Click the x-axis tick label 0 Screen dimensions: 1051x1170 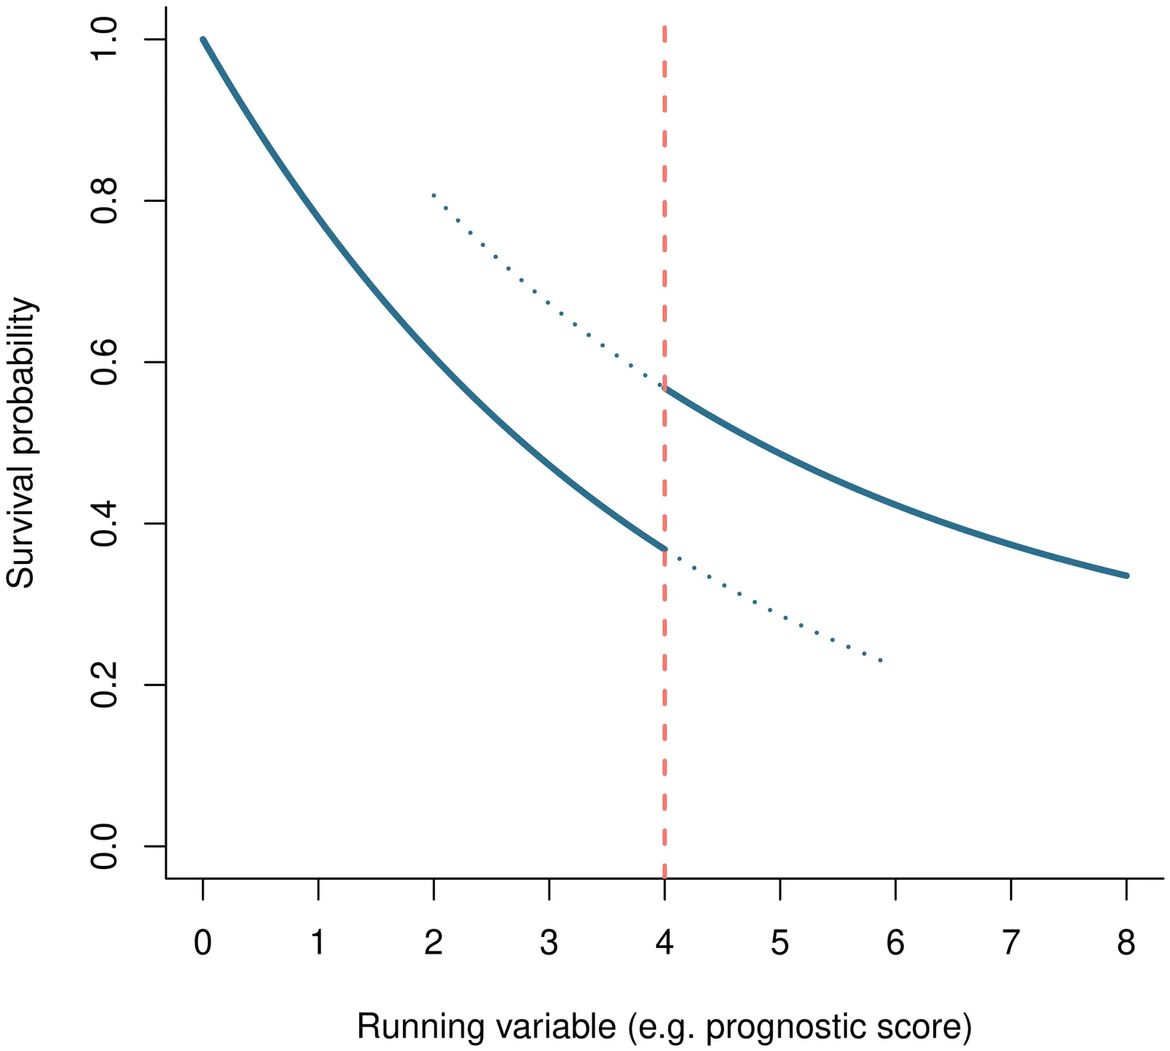[x=203, y=943]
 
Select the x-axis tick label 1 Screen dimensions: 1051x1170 [x=318, y=943]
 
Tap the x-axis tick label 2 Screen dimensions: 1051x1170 [x=434, y=943]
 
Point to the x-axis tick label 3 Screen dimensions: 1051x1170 [x=549, y=943]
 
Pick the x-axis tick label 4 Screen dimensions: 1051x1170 [x=665, y=943]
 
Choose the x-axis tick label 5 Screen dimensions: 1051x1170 [x=780, y=943]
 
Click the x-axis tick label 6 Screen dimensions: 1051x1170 [x=895, y=943]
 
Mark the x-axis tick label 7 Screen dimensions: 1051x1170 [x=1011, y=943]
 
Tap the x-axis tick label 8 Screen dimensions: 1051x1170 [x=1126, y=943]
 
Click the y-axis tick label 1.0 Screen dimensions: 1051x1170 [x=104, y=39]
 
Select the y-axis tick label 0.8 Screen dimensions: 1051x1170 [x=104, y=201]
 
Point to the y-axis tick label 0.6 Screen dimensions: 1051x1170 [x=104, y=363]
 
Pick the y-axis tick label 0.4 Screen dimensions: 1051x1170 [x=104, y=524]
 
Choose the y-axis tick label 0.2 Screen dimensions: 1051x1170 [x=104, y=685]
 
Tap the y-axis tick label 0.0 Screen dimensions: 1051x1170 [x=104, y=847]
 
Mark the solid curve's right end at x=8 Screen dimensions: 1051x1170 [x=1126, y=576]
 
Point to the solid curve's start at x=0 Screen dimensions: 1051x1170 [x=203, y=39]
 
